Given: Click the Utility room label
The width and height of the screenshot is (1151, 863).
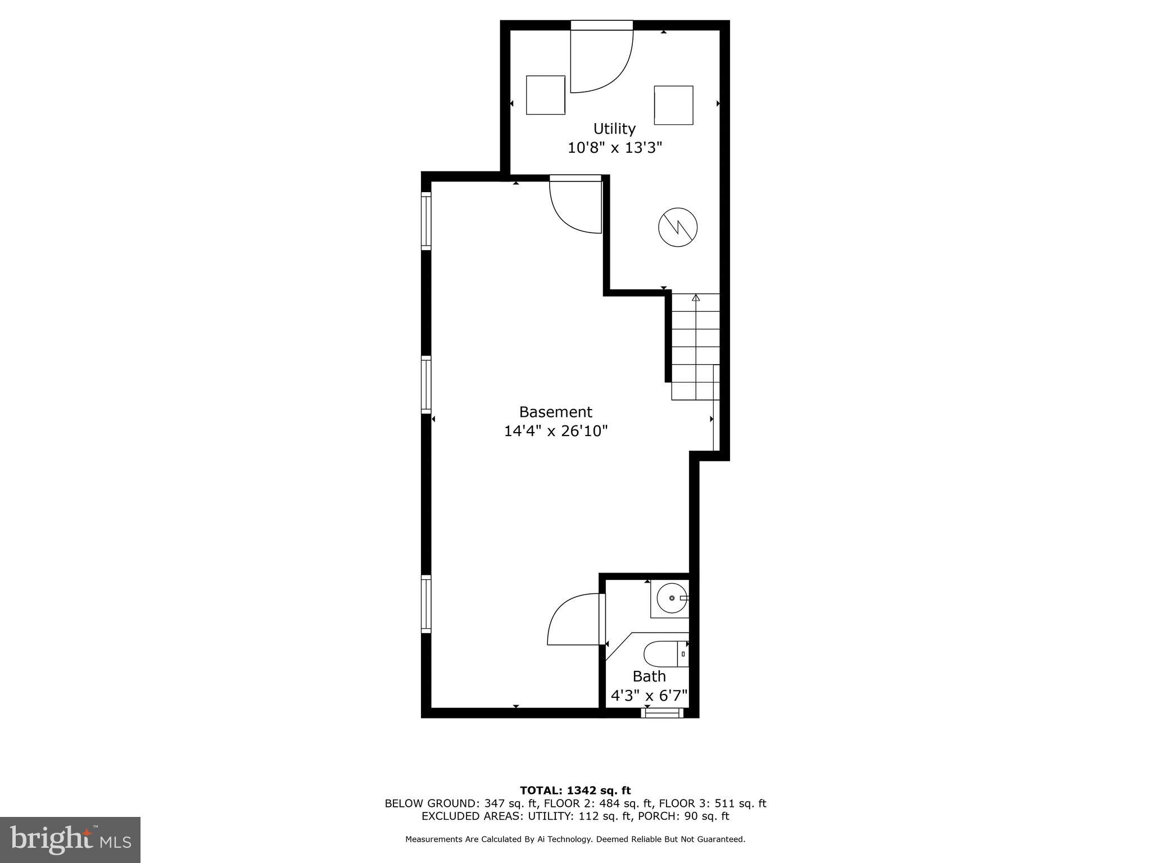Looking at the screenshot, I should [614, 129].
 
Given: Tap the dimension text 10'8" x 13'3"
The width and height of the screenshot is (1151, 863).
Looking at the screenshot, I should [615, 148].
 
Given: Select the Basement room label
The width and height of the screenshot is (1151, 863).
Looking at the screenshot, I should [555, 412].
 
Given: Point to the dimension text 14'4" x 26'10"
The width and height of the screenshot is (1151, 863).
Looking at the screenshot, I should [556, 431].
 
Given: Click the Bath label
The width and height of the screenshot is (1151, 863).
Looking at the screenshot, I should [649, 676].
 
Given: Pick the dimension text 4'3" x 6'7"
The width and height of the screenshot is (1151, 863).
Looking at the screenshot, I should [649, 696].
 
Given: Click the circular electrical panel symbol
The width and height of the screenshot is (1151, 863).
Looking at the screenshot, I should [678, 227].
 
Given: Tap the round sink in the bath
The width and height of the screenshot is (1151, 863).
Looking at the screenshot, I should [672, 598].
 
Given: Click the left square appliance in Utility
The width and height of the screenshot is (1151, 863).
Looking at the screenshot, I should [545, 95].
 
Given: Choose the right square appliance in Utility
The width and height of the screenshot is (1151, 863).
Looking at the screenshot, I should [673, 105].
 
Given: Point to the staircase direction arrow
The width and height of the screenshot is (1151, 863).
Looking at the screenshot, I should [696, 297].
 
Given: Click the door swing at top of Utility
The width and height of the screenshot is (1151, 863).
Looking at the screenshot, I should [600, 62].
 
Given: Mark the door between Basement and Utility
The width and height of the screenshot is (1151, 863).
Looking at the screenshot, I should [575, 205].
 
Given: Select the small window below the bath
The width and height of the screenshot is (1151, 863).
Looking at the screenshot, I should [662, 713].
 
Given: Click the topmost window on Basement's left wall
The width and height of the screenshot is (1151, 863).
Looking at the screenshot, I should [427, 221].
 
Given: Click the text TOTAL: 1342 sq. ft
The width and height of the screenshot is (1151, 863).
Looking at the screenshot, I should [575, 791].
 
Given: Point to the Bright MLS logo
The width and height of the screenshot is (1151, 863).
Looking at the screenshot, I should [70, 839].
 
